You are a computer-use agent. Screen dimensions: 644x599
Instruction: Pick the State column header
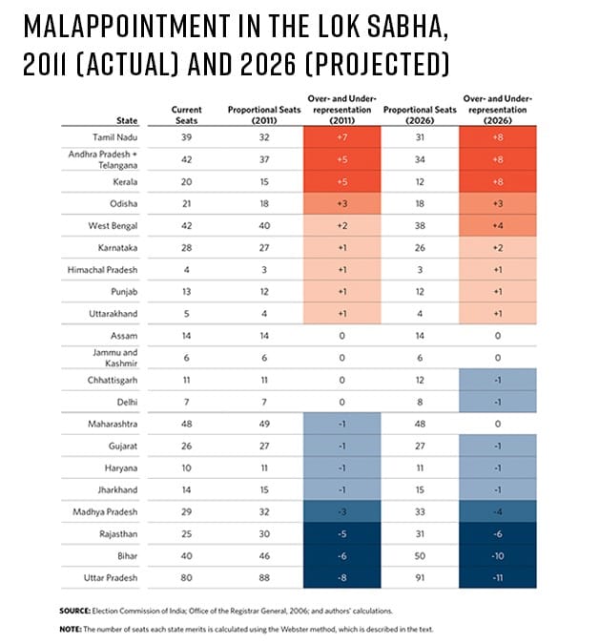[x=129, y=121]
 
